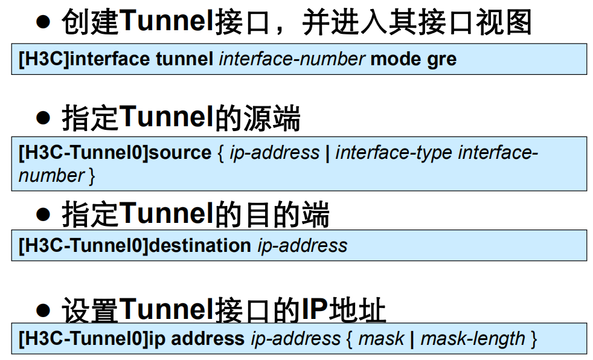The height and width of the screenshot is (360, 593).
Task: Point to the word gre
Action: [x=442, y=59]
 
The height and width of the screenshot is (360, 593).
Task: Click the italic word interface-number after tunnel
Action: [x=292, y=59]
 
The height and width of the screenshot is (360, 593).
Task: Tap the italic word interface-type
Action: [x=393, y=152]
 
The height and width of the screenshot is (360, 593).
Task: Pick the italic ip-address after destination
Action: [x=303, y=245]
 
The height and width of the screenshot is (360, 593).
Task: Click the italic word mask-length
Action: [x=473, y=338]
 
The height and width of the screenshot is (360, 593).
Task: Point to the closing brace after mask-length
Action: [x=533, y=338]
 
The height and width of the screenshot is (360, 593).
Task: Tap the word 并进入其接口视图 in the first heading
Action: [x=417, y=23]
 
